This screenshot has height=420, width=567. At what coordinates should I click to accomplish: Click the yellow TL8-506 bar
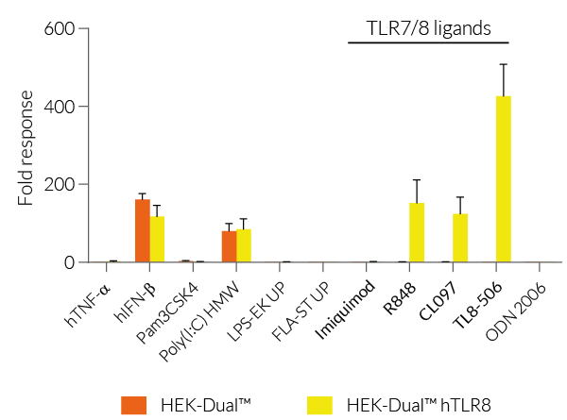point(504,179)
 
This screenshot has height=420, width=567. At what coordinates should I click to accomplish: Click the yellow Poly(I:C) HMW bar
point(243,246)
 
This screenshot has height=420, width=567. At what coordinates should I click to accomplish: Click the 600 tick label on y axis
point(59,28)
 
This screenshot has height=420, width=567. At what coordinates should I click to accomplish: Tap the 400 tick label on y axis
point(59,107)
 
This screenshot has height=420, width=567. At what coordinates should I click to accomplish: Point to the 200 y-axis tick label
point(59,185)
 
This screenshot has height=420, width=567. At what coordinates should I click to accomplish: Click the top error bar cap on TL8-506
point(504,64)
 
